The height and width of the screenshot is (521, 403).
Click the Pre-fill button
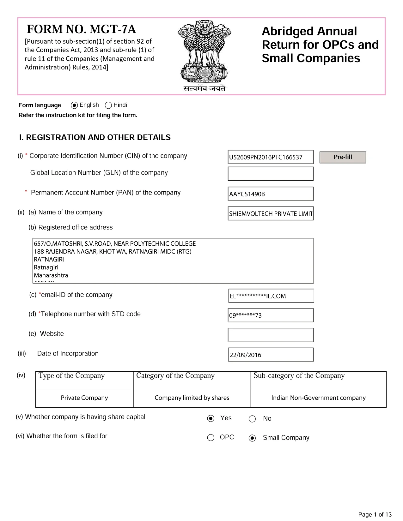tap(343, 157)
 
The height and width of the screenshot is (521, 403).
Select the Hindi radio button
tap(108, 105)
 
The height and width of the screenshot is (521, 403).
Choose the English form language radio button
tap(74, 105)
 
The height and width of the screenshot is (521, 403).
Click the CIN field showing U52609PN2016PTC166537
tap(270, 157)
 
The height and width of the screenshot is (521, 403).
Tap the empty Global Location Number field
tap(270, 174)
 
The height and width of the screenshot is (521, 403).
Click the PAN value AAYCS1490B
tap(270, 194)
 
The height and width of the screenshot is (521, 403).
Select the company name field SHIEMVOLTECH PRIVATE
tap(270, 213)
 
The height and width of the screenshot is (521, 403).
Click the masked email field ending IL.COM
tap(271, 296)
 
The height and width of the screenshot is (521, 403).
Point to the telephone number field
tap(270, 315)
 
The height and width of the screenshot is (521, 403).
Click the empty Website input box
tap(270, 335)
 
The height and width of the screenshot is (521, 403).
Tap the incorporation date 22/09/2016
tap(271, 355)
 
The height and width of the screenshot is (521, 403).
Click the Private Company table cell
tap(84, 398)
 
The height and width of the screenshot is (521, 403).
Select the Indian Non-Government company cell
tap(318, 398)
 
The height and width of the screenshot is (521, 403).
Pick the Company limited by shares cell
tap(192, 398)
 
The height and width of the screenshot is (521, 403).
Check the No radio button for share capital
tap(252, 419)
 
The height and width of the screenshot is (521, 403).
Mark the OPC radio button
tap(211, 438)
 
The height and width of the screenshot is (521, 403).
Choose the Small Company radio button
tap(252, 438)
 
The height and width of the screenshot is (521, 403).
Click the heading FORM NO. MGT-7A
tap(81, 29)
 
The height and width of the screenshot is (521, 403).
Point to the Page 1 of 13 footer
tap(375, 514)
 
